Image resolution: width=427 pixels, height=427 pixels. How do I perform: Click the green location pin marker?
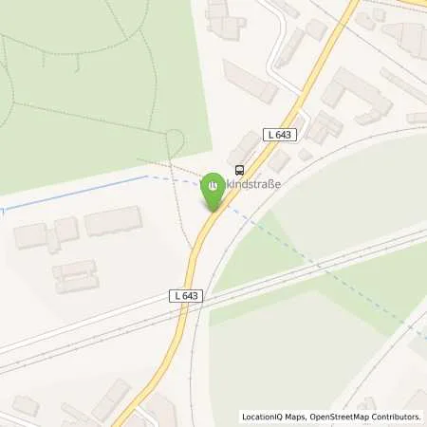pos(214,189)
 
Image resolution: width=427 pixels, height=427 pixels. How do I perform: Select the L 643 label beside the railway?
pos(186,297)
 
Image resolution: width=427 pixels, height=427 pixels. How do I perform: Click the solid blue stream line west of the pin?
pos(76,191)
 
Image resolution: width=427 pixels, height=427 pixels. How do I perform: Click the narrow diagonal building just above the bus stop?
pos(244,145)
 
